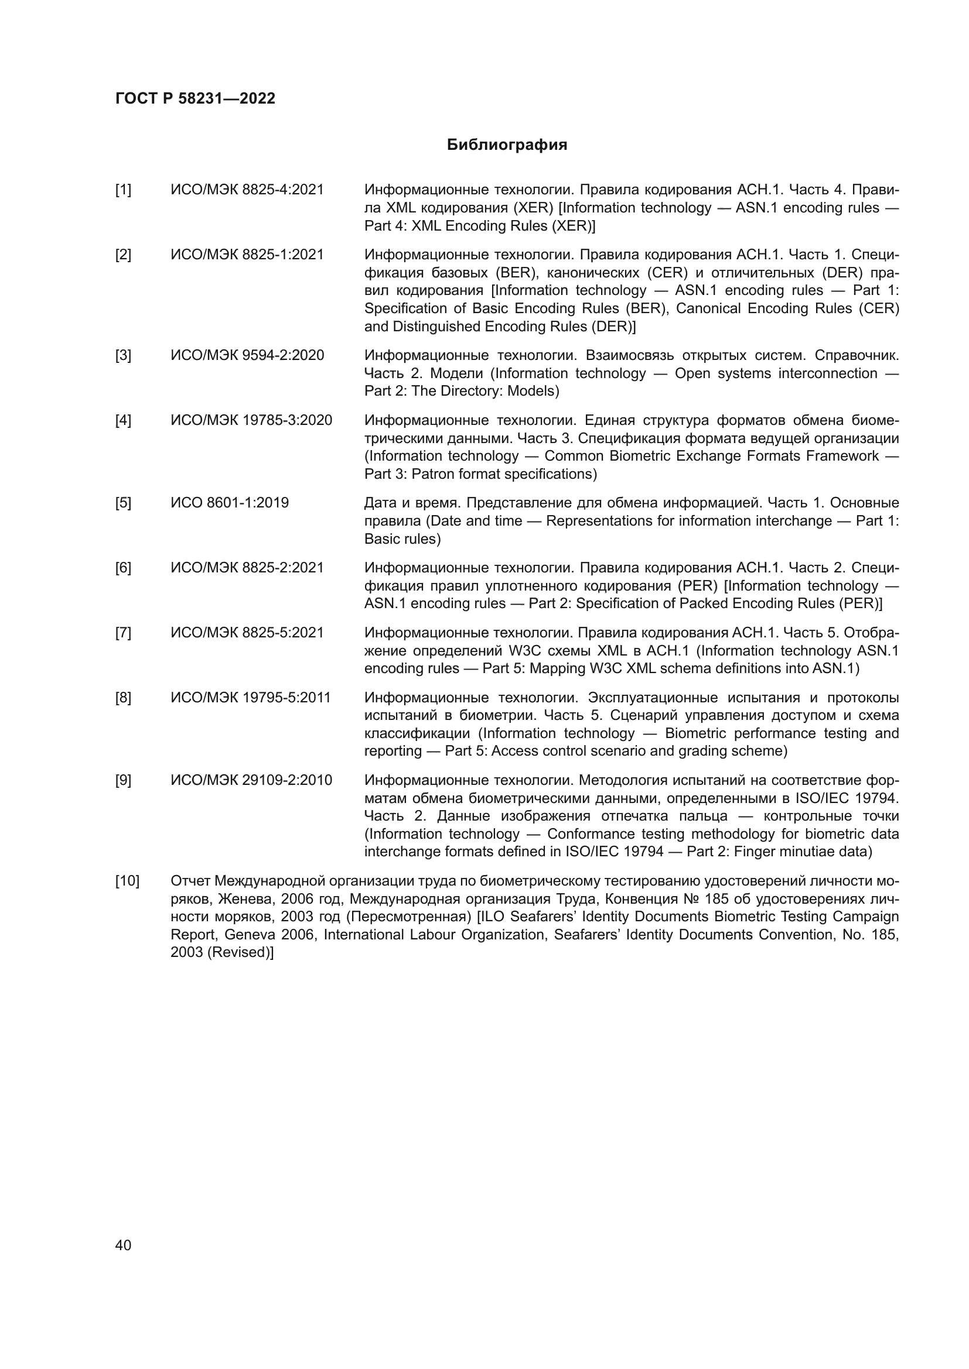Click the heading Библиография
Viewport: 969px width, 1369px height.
pos(507,145)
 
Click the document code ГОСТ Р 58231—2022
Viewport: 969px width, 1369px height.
pos(195,98)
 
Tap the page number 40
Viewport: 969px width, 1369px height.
pos(123,1245)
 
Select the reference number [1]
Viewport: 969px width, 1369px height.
pos(123,190)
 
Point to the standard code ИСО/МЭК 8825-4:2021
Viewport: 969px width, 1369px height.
pos(247,190)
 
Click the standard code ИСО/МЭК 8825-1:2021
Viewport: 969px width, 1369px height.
pos(247,255)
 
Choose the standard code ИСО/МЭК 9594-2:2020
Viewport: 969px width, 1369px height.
pos(247,355)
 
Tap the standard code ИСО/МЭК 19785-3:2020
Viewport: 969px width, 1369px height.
pos(251,420)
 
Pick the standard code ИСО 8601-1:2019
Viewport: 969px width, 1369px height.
pos(230,503)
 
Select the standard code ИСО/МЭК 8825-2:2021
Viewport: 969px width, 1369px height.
pos(247,568)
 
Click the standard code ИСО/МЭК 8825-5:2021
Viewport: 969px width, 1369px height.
pos(247,633)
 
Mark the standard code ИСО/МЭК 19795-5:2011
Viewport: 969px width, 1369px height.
pos(251,698)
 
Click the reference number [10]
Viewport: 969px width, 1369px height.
pos(127,881)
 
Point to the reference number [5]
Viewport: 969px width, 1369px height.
pos(123,503)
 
